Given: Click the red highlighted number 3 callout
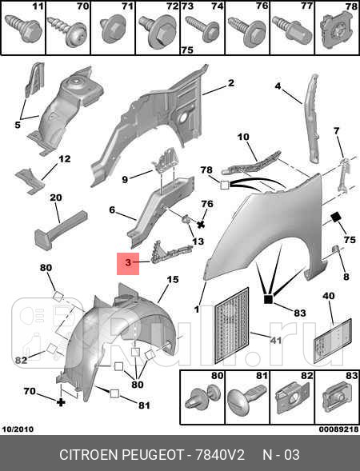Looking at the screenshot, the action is click(x=128, y=263).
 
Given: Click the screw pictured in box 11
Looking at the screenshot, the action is click(x=26, y=29).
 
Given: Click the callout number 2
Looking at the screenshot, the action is click(x=230, y=83).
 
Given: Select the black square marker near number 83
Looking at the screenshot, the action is click(x=268, y=299).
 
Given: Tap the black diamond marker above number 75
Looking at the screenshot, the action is click(x=336, y=217).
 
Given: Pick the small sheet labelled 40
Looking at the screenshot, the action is click(x=332, y=341).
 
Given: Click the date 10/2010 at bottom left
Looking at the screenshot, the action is click(x=18, y=429).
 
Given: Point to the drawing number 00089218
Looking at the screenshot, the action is click(x=338, y=429).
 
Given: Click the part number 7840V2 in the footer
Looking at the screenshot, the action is click(x=220, y=455).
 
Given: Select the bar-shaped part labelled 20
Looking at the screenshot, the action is click(x=61, y=230).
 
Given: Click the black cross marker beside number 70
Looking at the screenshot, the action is click(x=61, y=402).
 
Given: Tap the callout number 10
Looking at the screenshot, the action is click(x=243, y=137).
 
